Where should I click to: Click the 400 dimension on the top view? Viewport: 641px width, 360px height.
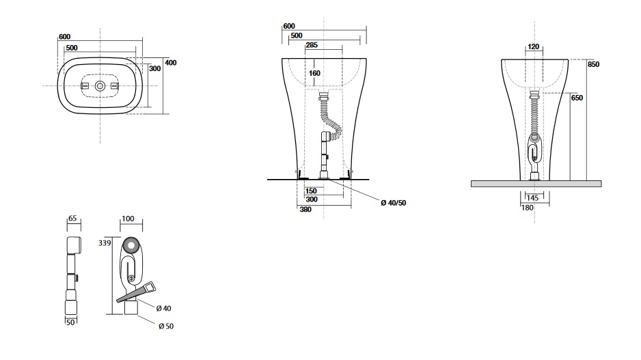click(x=170, y=63)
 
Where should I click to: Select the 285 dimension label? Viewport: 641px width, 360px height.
click(x=312, y=45)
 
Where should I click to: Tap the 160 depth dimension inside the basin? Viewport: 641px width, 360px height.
click(x=314, y=73)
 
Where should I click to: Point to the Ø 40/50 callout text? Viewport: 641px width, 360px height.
click(x=393, y=203)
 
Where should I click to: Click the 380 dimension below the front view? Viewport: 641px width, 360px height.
click(x=305, y=210)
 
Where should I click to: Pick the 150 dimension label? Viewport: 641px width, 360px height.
click(x=311, y=191)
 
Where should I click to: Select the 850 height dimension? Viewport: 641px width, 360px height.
click(x=593, y=64)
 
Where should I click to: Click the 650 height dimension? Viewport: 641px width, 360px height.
click(x=577, y=98)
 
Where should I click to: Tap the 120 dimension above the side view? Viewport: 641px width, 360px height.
click(x=534, y=46)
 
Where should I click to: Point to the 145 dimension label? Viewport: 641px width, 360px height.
click(x=532, y=198)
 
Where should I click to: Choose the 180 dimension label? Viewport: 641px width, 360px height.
click(x=528, y=208)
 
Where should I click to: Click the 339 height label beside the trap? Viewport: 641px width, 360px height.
click(x=105, y=243)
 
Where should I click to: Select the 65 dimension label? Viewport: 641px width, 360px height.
click(x=72, y=219)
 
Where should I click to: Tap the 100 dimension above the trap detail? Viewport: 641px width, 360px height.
click(x=128, y=219)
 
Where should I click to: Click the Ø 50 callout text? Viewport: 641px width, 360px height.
click(x=166, y=326)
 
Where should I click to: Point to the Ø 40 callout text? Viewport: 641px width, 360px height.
click(x=163, y=308)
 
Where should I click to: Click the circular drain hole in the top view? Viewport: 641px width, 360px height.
click(x=100, y=86)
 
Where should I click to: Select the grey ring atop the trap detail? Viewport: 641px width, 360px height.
click(x=132, y=246)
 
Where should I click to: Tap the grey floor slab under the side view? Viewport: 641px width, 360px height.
click(x=536, y=184)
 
